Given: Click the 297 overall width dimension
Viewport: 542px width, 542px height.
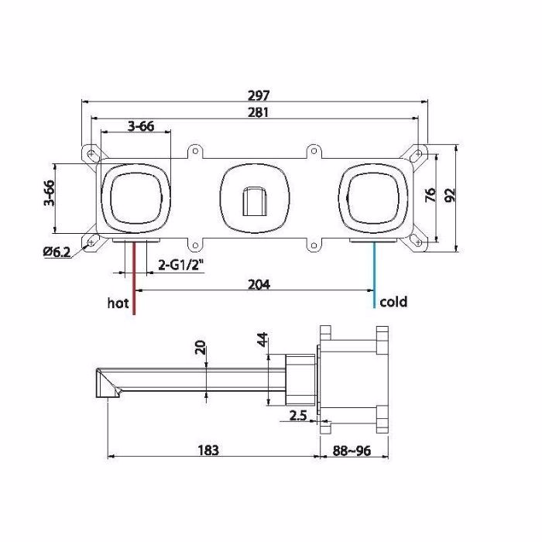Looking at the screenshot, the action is tap(259, 95).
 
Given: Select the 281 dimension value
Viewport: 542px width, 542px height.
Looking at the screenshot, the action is tap(258, 112).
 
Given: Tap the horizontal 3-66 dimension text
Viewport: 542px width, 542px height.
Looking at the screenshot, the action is tap(141, 126).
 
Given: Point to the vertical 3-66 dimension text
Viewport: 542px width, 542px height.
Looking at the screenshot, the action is tap(49, 193).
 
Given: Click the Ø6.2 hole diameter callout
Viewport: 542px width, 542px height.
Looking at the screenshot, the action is tap(57, 252).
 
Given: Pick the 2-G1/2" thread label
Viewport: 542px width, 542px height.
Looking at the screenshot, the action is tap(180, 265).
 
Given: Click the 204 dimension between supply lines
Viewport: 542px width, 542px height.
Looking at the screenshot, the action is tap(259, 284).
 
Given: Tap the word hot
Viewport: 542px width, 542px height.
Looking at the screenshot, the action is tap(118, 303).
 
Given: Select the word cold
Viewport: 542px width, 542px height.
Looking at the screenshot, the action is tap(393, 302).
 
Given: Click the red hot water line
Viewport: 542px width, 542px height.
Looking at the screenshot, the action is tap(134, 278).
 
